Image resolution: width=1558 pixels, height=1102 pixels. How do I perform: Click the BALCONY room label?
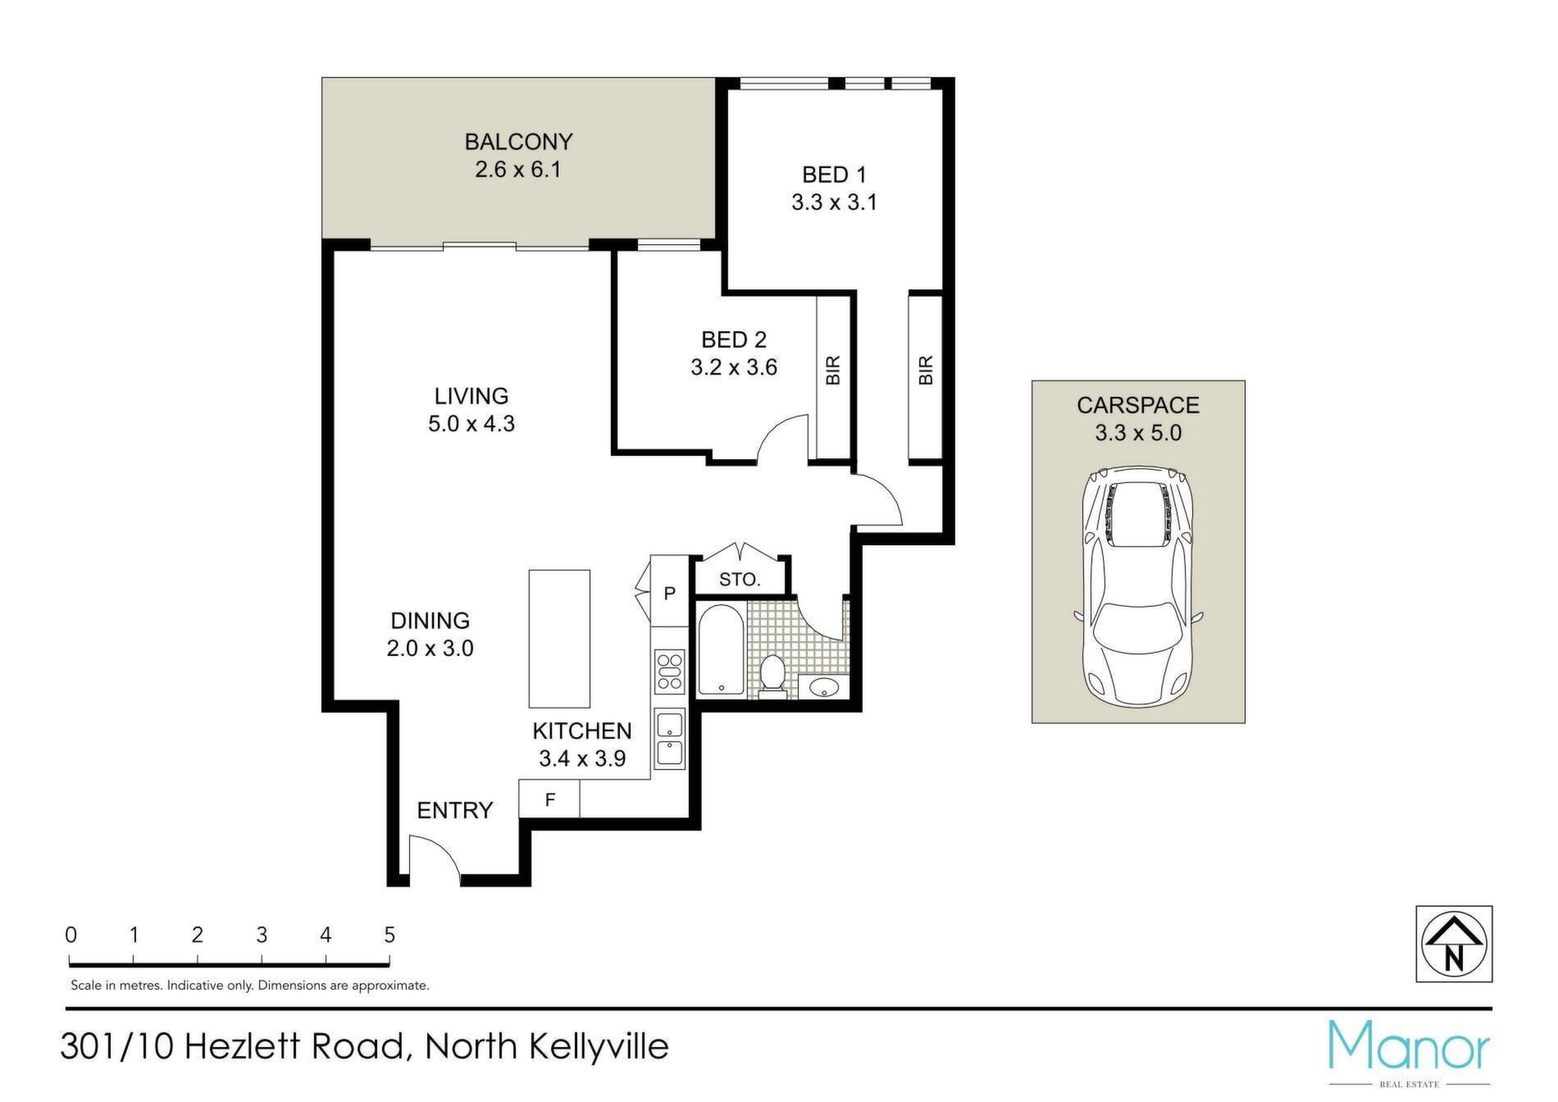click(x=518, y=142)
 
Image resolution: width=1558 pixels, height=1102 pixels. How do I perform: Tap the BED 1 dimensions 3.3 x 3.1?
click(x=834, y=203)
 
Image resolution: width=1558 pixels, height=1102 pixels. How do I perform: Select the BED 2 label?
click(x=733, y=339)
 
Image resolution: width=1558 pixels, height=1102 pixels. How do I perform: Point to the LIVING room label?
click(x=471, y=396)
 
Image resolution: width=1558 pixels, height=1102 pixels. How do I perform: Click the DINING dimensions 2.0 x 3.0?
click(x=430, y=649)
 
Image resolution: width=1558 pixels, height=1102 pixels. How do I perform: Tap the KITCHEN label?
click(x=582, y=731)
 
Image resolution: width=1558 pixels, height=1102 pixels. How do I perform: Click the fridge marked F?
click(x=550, y=799)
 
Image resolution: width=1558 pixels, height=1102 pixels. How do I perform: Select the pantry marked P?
click(x=670, y=592)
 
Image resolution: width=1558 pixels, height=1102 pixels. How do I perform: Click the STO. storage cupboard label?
click(x=740, y=580)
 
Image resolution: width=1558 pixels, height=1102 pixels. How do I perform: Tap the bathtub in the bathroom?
click(x=721, y=650)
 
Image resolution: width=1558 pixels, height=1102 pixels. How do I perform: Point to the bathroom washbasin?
click(x=822, y=686)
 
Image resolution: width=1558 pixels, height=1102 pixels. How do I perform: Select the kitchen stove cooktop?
click(x=670, y=670)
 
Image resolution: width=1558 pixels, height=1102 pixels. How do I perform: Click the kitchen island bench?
click(x=559, y=639)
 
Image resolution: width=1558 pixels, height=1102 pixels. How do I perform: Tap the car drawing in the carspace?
click(x=1138, y=586)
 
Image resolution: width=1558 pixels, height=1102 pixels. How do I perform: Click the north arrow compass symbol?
click(x=1454, y=944)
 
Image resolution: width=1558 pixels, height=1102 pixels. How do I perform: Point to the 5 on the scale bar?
click(x=389, y=935)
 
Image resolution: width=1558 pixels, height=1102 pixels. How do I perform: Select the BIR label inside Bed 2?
click(x=833, y=370)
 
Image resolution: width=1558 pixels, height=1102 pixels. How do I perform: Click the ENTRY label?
click(x=455, y=811)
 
